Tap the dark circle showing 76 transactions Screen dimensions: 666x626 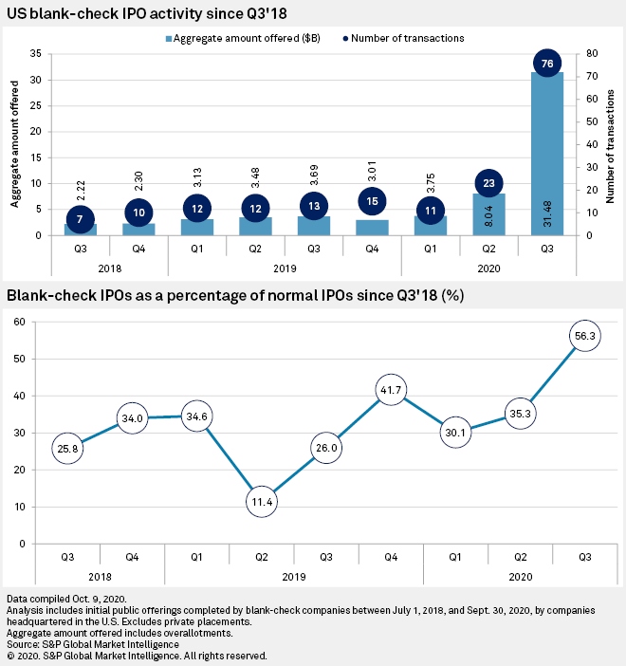click(x=545, y=64)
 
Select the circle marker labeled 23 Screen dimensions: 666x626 click(x=488, y=183)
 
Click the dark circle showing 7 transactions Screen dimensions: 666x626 click(x=82, y=219)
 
